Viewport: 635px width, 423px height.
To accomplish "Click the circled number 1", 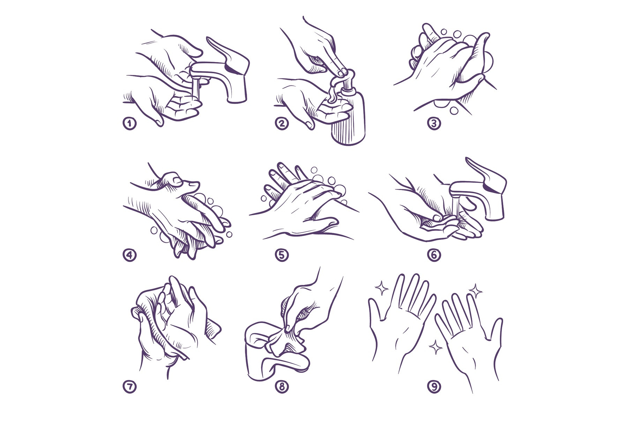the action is pyautogui.click(x=129, y=123).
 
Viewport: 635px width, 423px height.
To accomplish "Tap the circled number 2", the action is pyautogui.click(x=282, y=123).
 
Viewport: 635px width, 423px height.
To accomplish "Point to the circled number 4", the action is pyautogui.click(x=129, y=255).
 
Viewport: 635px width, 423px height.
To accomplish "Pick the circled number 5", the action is pyautogui.click(x=282, y=255).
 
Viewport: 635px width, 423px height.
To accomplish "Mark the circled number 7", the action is pyautogui.click(x=129, y=386).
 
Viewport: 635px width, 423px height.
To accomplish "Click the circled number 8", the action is pyautogui.click(x=282, y=386).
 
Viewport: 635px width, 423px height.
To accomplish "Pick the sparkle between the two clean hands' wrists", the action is pyautogui.click(x=435, y=347).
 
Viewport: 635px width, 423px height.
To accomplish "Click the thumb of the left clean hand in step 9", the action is pyautogui.click(x=376, y=310).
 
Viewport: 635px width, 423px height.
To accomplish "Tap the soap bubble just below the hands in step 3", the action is pyautogui.click(x=454, y=110).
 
